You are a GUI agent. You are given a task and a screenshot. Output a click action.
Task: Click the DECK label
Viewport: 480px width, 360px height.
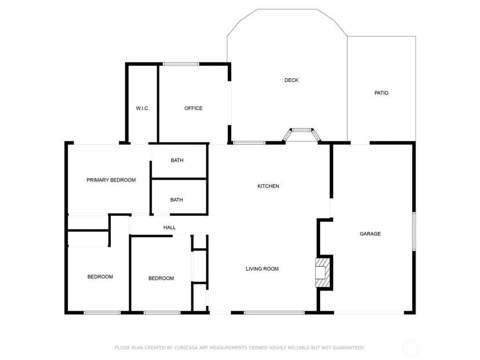pos(291,80)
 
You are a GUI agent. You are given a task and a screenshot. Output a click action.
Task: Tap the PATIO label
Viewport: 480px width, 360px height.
pos(381,93)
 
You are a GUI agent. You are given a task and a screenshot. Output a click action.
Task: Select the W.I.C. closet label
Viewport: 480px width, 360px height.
pos(143,108)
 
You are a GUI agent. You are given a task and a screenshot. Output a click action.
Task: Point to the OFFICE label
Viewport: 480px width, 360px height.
pos(193,108)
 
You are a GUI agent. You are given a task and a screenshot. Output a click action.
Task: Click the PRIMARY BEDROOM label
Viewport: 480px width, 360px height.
pos(111,180)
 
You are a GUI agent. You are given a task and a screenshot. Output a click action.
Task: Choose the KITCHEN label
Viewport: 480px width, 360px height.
pos(268,186)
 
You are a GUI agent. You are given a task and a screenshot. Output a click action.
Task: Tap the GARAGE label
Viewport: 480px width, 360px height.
pos(370,234)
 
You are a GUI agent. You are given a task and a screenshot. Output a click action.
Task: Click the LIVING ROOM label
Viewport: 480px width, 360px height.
pos(262,269)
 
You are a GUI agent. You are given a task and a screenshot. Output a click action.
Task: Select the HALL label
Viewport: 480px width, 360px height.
pos(169,227)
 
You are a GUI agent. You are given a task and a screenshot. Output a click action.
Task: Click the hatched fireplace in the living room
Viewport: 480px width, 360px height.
pos(323,273)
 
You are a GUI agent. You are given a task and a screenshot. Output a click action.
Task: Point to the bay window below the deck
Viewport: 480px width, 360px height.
pos(301,134)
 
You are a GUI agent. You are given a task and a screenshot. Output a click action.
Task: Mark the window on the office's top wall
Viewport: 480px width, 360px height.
pos(181,64)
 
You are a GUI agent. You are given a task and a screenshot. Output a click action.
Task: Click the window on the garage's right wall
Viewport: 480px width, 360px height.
pos(414,232)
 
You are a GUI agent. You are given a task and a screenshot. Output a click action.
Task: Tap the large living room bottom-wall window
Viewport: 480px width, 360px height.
pos(274,313)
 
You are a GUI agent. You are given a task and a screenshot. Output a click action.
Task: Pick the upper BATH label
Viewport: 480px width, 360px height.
pos(177,161)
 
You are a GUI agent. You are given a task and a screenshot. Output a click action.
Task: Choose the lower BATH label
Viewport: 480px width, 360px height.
pos(177,200)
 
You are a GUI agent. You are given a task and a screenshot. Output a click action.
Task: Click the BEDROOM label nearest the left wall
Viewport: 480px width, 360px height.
pos(100,277)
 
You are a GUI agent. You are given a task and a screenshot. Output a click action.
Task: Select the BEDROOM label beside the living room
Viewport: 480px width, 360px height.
pos(161,278)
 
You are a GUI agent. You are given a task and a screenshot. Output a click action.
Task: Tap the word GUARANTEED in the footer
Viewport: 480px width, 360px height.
pos(348,348)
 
